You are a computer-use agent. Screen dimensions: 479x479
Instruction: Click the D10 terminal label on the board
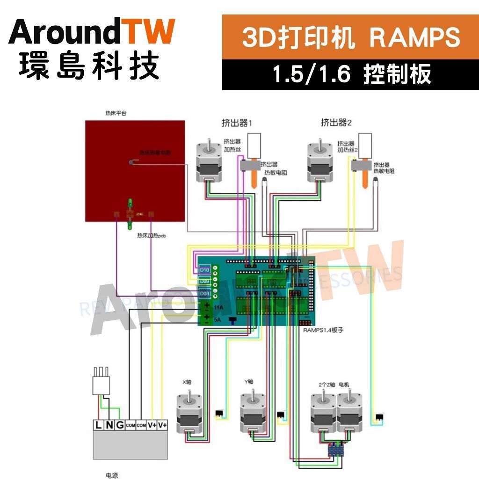pyautogui.click(x=204, y=270)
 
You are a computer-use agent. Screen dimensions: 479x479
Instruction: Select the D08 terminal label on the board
pyautogui.click(x=204, y=294)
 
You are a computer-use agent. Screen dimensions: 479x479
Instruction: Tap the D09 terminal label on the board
pyautogui.click(x=204, y=282)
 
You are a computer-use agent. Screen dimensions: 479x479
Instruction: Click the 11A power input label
pyautogui.click(x=218, y=308)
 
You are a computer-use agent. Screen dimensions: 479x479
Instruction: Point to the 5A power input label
pyautogui.click(x=218, y=319)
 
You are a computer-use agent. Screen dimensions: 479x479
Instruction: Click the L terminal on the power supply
pyautogui.click(x=99, y=425)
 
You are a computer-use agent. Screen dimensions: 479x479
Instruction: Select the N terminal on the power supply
pyautogui.click(x=109, y=425)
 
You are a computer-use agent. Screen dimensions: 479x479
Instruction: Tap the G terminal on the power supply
pyautogui.click(x=120, y=425)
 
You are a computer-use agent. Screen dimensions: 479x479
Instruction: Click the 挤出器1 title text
pyautogui.click(x=237, y=123)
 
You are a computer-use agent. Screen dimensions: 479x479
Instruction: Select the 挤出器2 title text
pyautogui.click(x=336, y=123)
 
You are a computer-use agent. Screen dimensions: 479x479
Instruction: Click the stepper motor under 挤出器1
pyautogui.click(x=208, y=161)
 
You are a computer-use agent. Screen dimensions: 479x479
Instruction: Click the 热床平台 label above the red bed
pyautogui.click(x=116, y=113)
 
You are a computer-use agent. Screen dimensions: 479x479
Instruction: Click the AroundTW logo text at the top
pyautogui.click(x=92, y=33)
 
